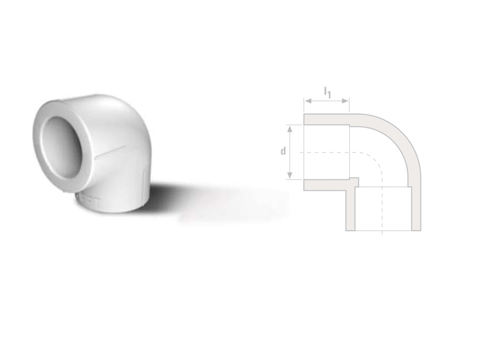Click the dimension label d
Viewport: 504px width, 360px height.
(283, 151)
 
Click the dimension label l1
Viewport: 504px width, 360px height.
(328, 93)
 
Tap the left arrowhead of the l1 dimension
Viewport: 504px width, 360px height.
(308, 101)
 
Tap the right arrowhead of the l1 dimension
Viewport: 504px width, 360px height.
(345, 101)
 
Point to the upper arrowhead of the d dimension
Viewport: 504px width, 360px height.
(290, 129)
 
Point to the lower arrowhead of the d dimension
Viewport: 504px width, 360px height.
(290, 175)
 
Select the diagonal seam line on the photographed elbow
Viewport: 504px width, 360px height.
(110, 152)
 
